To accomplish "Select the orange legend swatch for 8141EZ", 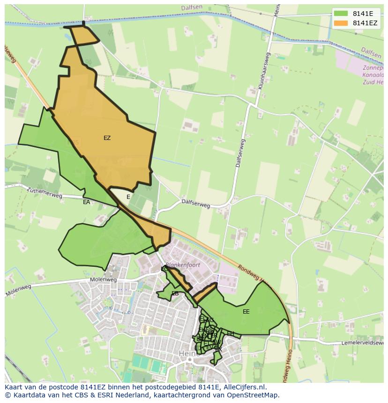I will pyautogui.click(x=341, y=23).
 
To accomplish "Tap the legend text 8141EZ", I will pyautogui.click(x=365, y=23).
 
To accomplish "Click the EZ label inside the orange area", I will pyautogui.click(x=107, y=138).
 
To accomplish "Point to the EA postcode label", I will pyautogui.click(x=86, y=202).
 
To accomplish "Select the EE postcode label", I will pyautogui.click(x=246, y=312).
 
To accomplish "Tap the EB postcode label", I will pyautogui.click(x=175, y=293).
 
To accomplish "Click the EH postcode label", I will pyautogui.click(x=231, y=333).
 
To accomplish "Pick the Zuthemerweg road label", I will pyautogui.click(x=45, y=193).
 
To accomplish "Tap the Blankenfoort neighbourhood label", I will pyautogui.click(x=183, y=265).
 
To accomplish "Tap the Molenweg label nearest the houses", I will pyautogui.click(x=103, y=280).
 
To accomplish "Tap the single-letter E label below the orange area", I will pyautogui.click(x=128, y=197).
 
